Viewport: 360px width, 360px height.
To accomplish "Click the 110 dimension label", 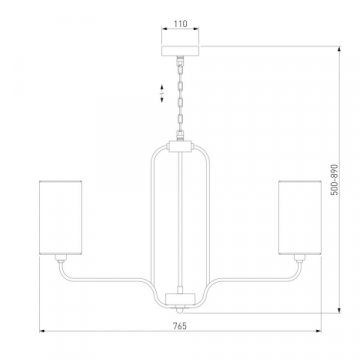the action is (180, 24).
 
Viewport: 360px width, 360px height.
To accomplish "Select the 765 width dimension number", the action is (180, 326).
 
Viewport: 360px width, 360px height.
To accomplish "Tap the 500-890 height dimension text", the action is (334, 179).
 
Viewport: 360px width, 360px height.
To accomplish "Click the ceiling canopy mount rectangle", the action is (180, 51).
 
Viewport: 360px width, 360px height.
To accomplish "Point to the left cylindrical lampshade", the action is (60, 218).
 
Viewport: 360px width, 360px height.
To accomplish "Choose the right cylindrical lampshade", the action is (300, 218).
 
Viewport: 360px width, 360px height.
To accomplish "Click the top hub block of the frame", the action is (180, 146).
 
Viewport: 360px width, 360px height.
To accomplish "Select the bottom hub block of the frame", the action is (180, 298).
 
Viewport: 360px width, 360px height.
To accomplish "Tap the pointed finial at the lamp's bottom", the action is (180, 310).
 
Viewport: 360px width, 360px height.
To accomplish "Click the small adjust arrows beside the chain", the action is (162, 94).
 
